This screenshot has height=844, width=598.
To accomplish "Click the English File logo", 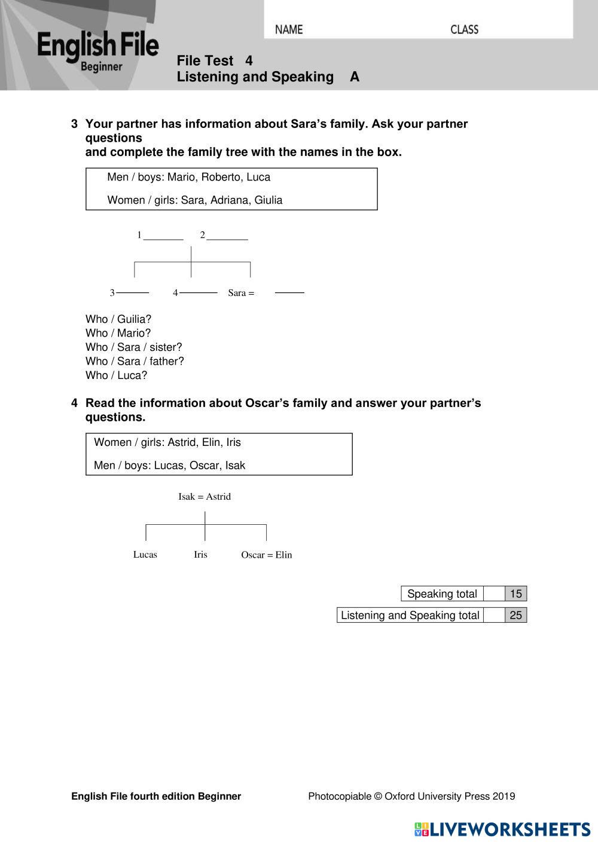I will click(98, 51).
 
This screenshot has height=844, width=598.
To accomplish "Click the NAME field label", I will click(289, 29).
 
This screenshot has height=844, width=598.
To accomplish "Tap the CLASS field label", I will click(464, 29).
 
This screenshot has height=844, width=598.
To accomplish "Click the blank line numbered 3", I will click(133, 292).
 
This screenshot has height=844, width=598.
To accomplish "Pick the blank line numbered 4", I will click(198, 292).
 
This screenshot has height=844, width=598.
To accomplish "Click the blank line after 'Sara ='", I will click(289, 292).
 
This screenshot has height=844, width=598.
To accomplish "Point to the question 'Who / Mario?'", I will click(118, 333).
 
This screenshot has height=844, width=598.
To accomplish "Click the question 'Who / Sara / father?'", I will click(135, 361).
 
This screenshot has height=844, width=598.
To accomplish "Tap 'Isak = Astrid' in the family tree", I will click(205, 497).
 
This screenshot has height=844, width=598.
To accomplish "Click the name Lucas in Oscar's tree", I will click(145, 555).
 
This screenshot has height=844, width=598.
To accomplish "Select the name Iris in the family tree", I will click(200, 555).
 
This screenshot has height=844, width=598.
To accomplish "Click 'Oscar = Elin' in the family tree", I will click(267, 555).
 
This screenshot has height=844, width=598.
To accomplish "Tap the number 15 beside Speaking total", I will click(515, 594).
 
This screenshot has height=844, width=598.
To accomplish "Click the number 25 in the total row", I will click(515, 615).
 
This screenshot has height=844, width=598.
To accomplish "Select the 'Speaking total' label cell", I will click(442, 594).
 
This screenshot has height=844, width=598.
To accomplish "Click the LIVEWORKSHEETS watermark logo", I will click(502, 829).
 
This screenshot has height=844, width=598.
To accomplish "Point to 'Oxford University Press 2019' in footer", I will click(450, 796).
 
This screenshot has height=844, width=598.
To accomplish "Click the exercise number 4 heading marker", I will click(74, 403).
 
